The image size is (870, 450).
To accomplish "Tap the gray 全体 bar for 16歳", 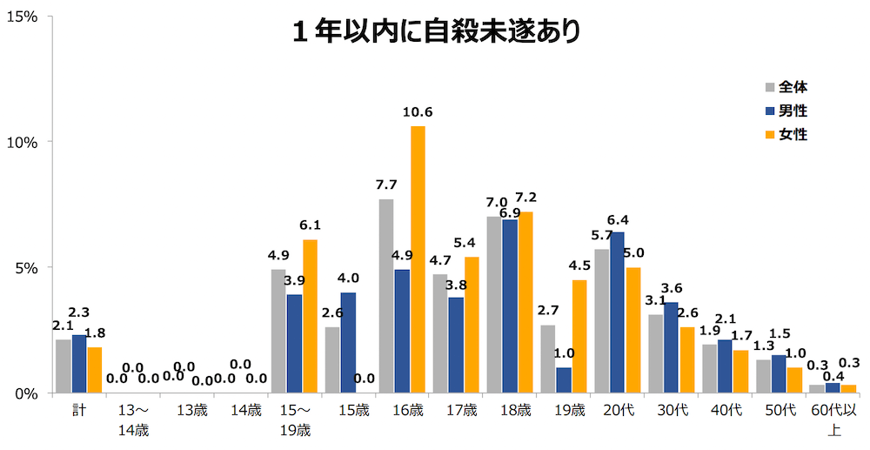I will coord(386,296).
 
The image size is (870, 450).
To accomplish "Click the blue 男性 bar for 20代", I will coord(617,312).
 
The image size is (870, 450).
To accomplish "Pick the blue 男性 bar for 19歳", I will coord(563,379).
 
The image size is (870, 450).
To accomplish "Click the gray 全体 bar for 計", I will coord(63,366).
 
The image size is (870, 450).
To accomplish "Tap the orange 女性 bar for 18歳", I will coord(526,302).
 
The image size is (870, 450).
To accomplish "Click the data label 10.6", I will coord(418,111).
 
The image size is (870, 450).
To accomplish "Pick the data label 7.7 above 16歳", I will coord(386,185).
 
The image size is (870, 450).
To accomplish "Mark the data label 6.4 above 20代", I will coord(617,219).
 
